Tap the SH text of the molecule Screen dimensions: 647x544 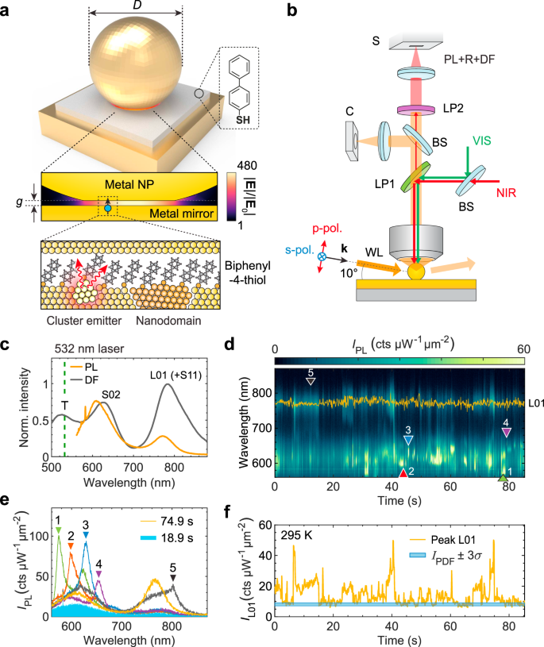234,119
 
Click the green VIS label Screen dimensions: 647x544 480,140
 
